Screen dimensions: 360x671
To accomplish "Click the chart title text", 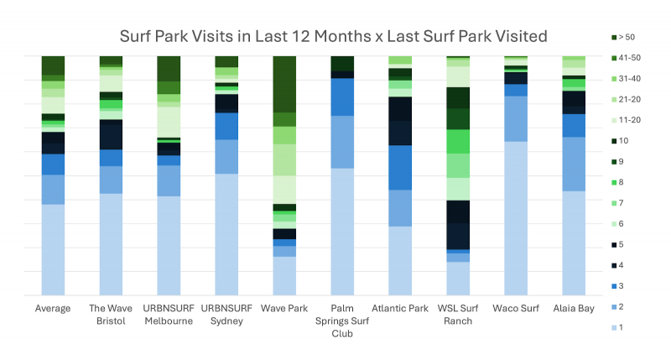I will (x=334, y=36).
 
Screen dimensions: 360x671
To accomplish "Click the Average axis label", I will (x=53, y=309).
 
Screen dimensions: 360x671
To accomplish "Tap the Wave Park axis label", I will (x=284, y=309).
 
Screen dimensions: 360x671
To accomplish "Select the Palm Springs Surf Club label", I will (x=342, y=321).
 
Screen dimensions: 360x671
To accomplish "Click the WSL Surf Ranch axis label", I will (x=458, y=315).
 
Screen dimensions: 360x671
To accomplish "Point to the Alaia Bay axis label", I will (x=574, y=309).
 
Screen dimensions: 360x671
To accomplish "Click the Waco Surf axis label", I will (x=516, y=309).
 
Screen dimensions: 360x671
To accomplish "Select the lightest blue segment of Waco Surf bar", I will (x=516, y=218).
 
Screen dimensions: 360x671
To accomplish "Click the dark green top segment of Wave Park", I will (x=284, y=84).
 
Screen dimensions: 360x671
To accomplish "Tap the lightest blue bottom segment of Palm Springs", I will (x=342, y=232).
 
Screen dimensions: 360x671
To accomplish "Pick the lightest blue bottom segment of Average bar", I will (x=53, y=249).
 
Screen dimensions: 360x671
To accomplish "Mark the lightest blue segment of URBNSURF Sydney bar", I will (x=226, y=234).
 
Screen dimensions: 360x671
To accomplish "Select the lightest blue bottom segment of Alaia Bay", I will (x=574, y=243).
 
